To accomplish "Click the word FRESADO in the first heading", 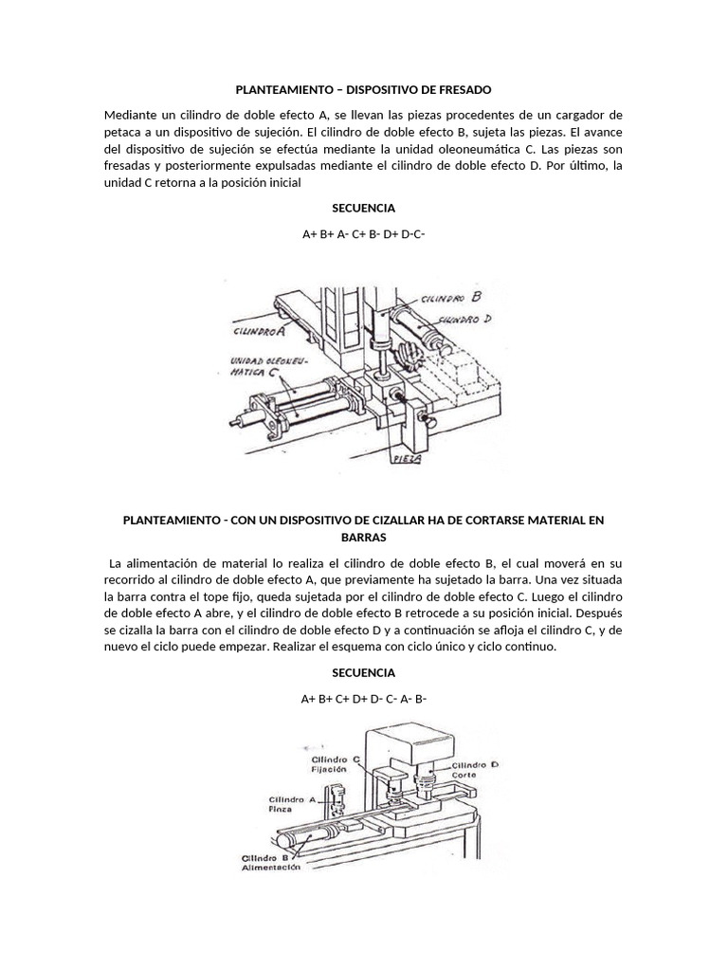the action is (464, 90).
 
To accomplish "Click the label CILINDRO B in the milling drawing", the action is (450, 297).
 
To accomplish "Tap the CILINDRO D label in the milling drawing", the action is (464, 320).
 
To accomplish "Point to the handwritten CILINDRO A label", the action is (259, 331).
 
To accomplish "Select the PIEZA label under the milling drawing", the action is (407, 459).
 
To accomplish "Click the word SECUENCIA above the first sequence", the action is (363, 208).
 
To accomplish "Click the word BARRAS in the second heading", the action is (363, 538).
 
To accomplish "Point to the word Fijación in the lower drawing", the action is (329, 770).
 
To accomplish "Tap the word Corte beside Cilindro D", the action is (464, 775).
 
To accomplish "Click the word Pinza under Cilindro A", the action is (280, 809).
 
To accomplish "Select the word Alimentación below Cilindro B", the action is (270, 868).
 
